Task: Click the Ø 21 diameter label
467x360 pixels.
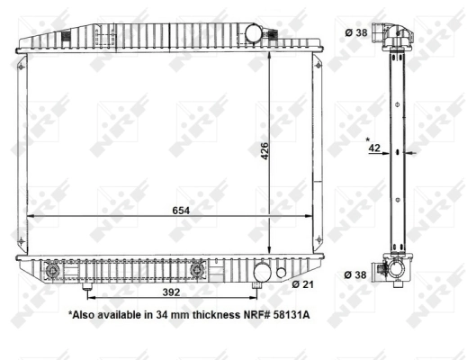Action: (x=303, y=284)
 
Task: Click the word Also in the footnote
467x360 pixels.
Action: (x=86, y=316)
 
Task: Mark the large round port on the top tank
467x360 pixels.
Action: (x=252, y=31)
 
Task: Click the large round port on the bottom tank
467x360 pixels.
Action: (x=261, y=271)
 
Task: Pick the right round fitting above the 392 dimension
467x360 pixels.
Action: (x=200, y=269)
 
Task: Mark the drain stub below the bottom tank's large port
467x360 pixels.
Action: (x=259, y=286)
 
